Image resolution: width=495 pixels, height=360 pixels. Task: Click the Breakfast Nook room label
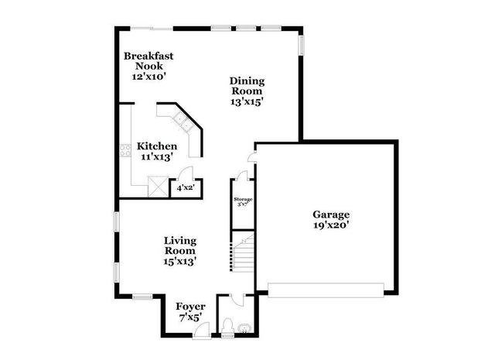tap(148, 61)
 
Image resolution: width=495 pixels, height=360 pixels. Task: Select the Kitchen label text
tap(157, 146)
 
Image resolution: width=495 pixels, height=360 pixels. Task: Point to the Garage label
tap(331, 214)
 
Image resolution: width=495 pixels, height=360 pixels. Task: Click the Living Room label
tap(179, 246)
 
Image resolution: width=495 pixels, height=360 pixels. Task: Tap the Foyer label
tap(189, 306)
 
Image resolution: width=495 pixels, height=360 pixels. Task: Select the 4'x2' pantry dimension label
tap(185, 187)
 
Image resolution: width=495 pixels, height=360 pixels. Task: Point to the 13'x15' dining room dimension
tap(247, 101)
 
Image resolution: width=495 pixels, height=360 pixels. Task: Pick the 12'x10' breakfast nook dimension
tap(148, 77)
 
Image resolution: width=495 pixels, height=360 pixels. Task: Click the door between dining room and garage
tap(250, 157)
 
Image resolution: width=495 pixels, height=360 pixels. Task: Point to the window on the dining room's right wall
tap(302, 45)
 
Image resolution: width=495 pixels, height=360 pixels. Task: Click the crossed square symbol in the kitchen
tap(158, 186)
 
